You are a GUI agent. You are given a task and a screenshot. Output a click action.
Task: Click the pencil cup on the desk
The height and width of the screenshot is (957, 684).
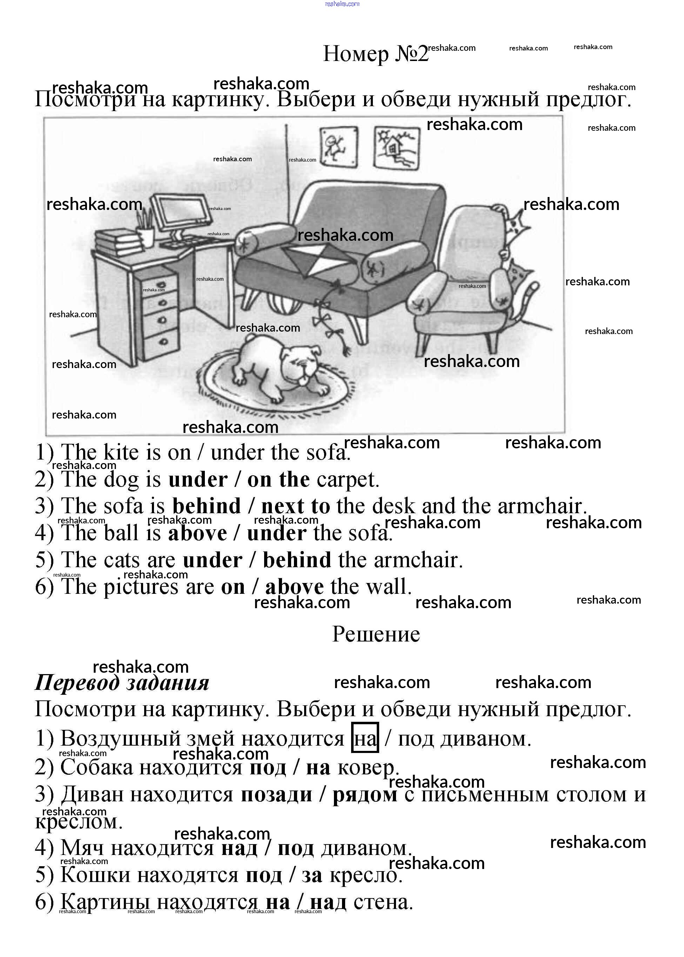(x=146, y=234)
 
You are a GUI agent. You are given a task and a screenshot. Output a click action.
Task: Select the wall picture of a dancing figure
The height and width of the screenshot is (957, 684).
(x=338, y=147)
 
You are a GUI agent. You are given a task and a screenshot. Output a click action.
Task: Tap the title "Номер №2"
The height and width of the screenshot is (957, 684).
(x=375, y=54)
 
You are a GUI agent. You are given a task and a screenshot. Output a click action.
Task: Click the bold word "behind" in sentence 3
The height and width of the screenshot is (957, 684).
(x=206, y=506)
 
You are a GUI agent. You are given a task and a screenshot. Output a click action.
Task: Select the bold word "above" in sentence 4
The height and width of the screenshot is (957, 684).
(x=197, y=533)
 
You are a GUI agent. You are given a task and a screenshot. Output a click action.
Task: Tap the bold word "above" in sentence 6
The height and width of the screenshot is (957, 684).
(x=294, y=587)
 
